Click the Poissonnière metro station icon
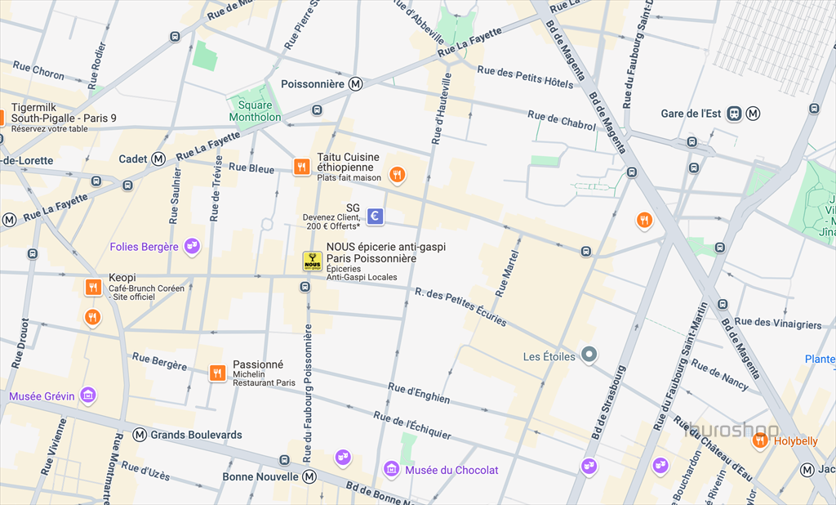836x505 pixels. [356, 84]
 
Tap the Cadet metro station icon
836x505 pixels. [158, 159]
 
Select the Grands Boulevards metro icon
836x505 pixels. [140, 435]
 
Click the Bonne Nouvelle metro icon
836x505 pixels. [309, 476]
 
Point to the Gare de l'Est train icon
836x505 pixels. [735, 114]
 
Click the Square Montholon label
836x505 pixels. [255, 111]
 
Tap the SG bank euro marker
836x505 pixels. [375, 216]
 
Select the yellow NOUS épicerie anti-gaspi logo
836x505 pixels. [312, 261]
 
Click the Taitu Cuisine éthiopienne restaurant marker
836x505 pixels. [302, 167]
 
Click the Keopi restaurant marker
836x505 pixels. [93, 287]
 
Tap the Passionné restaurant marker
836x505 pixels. [217, 373]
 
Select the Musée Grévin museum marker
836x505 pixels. [88, 396]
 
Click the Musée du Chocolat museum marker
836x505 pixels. [392, 470]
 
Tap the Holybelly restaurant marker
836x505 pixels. [760, 441]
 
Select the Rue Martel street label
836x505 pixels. [507, 275]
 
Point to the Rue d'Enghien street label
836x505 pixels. [419, 393]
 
